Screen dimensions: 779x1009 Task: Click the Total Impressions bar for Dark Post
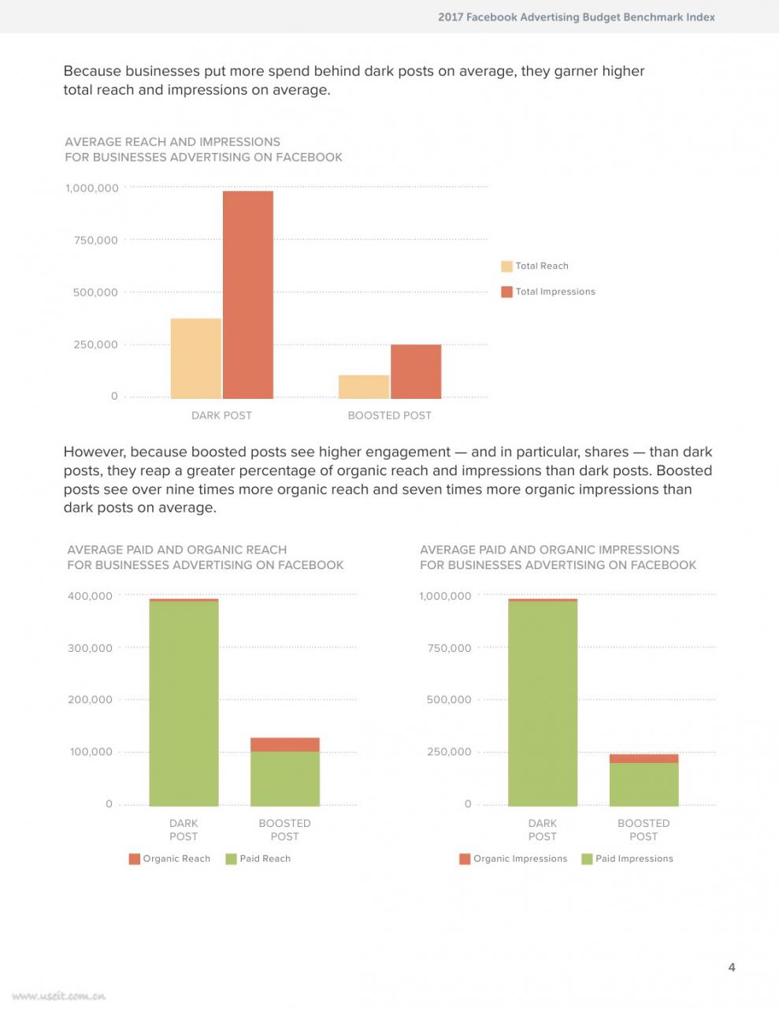tap(248, 295)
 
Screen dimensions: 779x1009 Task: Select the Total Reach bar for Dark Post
tap(196, 359)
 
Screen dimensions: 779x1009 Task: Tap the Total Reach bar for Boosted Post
tap(364, 387)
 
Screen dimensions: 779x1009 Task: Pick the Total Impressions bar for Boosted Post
tap(416, 371)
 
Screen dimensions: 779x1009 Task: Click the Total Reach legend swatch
tap(506, 266)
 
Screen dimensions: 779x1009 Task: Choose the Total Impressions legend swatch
tap(506, 292)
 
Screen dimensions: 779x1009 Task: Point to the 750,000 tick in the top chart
tap(95, 240)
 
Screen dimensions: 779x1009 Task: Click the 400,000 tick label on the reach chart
tap(90, 596)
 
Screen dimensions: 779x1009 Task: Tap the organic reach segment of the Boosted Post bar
tap(285, 744)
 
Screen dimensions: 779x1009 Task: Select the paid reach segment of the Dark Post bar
tap(184, 703)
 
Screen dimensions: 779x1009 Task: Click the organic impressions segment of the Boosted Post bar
tap(644, 759)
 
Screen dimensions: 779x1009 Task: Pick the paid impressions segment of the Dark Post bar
tap(543, 703)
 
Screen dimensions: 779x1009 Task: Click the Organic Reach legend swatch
tap(135, 859)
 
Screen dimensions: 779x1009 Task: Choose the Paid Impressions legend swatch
tap(587, 859)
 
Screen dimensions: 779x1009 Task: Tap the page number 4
tap(732, 967)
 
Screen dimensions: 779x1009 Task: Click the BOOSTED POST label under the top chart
tap(390, 415)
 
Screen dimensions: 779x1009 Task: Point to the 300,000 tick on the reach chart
tap(90, 648)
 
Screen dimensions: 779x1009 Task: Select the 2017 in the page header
tap(451, 17)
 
